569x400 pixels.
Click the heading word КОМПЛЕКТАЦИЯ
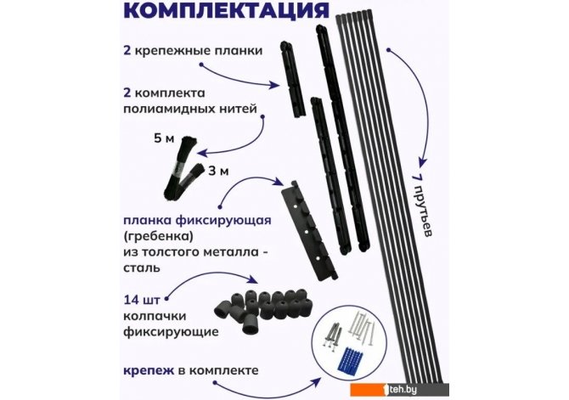[x=227, y=10]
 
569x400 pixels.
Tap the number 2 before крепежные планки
[x=127, y=50]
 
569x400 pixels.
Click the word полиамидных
[x=170, y=109]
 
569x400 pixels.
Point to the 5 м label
[x=164, y=138]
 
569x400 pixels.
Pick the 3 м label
[x=218, y=171]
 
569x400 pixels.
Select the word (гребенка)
[x=157, y=237]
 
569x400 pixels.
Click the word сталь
[x=142, y=268]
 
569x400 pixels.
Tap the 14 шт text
[x=142, y=301]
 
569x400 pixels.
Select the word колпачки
[x=155, y=316]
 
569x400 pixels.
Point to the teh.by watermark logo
[x=399, y=390]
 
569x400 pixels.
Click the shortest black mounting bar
[x=292, y=79]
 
